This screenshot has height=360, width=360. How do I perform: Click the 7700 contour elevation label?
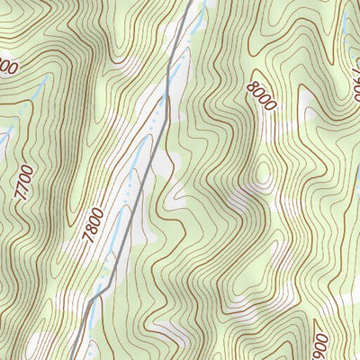(x=24, y=182)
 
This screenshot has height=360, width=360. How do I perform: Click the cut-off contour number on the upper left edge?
(x=7, y=67)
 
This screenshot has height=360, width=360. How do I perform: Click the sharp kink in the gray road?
(x=110, y=287)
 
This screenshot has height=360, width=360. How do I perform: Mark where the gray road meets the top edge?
(x=191, y=2)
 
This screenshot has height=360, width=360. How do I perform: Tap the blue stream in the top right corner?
(x=346, y=13)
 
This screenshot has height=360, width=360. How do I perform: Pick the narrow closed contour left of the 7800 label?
(x=67, y=216)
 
